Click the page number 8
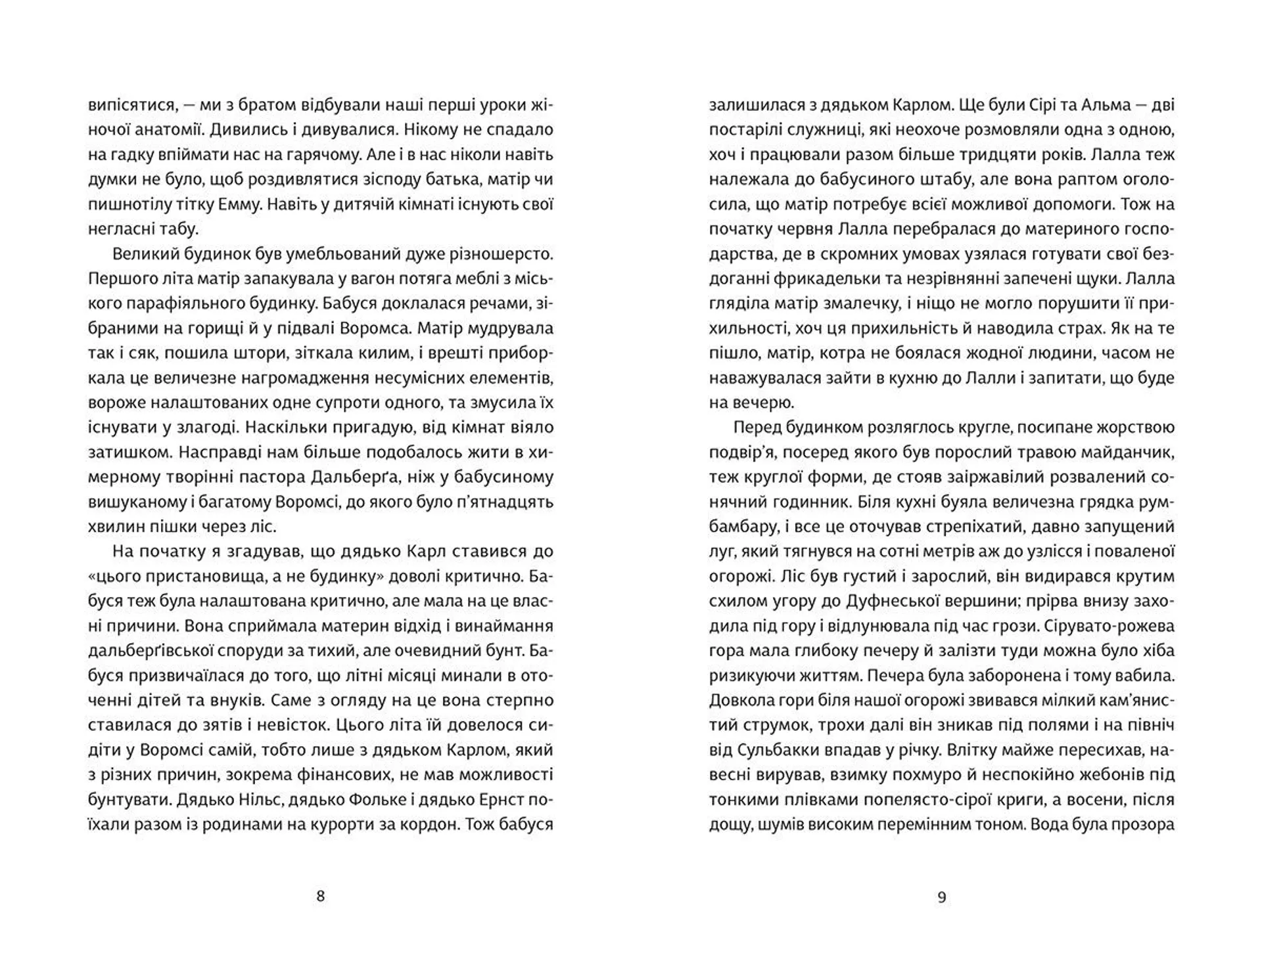tap(320, 896)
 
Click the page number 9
tap(941, 897)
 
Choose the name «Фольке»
tap(320, 799)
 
